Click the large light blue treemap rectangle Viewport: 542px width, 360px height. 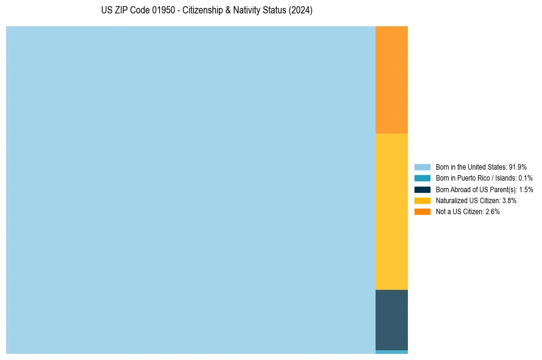click(x=190, y=190)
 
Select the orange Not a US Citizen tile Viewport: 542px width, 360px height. click(x=391, y=79)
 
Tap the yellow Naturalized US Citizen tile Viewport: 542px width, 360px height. click(x=391, y=211)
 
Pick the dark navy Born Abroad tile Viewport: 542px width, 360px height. click(x=391, y=320)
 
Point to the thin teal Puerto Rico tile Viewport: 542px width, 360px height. click(x=391, y=352)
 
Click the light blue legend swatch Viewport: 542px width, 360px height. click(x=423, y=167)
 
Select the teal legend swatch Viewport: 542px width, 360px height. click(x=423, y=178)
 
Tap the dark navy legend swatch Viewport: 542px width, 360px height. click(x=423, y=189)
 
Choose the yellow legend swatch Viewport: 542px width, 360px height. click(x=423, y=200)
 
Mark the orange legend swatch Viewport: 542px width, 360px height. click(x=423, y=211)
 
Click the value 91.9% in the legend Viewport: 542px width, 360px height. click(x=518, y=167)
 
